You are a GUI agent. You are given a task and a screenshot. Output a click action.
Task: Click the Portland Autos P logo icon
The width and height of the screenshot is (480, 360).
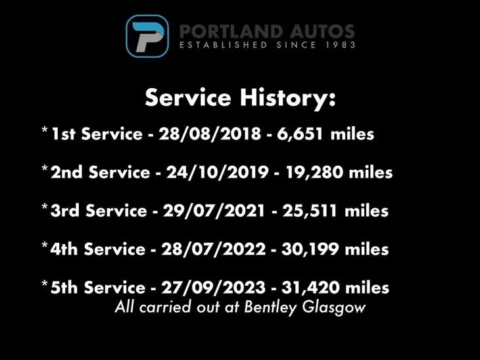click(147, 36)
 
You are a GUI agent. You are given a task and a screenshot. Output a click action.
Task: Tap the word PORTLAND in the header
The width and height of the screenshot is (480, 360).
click(231, 32)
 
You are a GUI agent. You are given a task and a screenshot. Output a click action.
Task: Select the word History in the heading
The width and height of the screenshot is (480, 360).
click(288, 98)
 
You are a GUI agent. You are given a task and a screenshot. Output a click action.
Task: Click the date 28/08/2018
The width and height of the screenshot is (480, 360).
click(210, 134)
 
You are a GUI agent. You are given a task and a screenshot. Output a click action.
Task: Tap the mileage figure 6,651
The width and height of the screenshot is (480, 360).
click(300, 134)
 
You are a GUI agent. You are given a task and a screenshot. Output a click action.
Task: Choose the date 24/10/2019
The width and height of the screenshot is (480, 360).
click(218, 172)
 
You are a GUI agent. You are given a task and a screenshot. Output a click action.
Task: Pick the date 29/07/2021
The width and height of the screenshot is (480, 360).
click(214, 211)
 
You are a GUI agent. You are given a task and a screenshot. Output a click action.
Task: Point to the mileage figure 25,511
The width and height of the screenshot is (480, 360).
click(310, 211)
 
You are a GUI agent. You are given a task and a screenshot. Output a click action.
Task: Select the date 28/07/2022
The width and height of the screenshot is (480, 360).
click(214, 249)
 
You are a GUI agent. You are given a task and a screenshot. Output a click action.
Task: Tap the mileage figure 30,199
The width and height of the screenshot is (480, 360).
click(310, 249)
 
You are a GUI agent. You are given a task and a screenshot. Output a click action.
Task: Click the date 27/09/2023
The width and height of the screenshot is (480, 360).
click(214, 288)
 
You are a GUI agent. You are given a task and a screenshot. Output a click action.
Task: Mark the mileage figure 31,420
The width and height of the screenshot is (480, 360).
click(310, 288)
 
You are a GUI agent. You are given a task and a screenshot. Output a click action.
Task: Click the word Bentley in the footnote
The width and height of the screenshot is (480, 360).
click(270, 307)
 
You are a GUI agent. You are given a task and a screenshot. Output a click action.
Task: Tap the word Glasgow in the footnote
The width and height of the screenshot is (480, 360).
click(334, 307)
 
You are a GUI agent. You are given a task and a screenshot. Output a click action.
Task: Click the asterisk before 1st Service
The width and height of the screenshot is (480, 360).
click(45, 130)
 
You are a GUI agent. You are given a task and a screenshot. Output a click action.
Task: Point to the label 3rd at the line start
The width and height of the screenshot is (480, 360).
click(64, 211)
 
